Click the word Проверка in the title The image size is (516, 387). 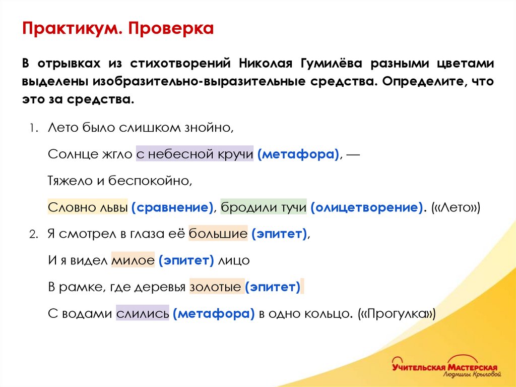pos(171,29)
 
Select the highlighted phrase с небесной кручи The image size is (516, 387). pos(195,154)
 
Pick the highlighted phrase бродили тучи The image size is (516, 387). pos(264,207)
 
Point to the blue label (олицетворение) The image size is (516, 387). pos(367,207)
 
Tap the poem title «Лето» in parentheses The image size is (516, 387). pos(456,207)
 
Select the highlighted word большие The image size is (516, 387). pos(218,234)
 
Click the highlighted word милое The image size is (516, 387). pos(133,260)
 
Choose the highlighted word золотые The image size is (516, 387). pos(216,287)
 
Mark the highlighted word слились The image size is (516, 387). pos(143,314)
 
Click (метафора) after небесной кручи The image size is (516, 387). pos(298,154)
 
